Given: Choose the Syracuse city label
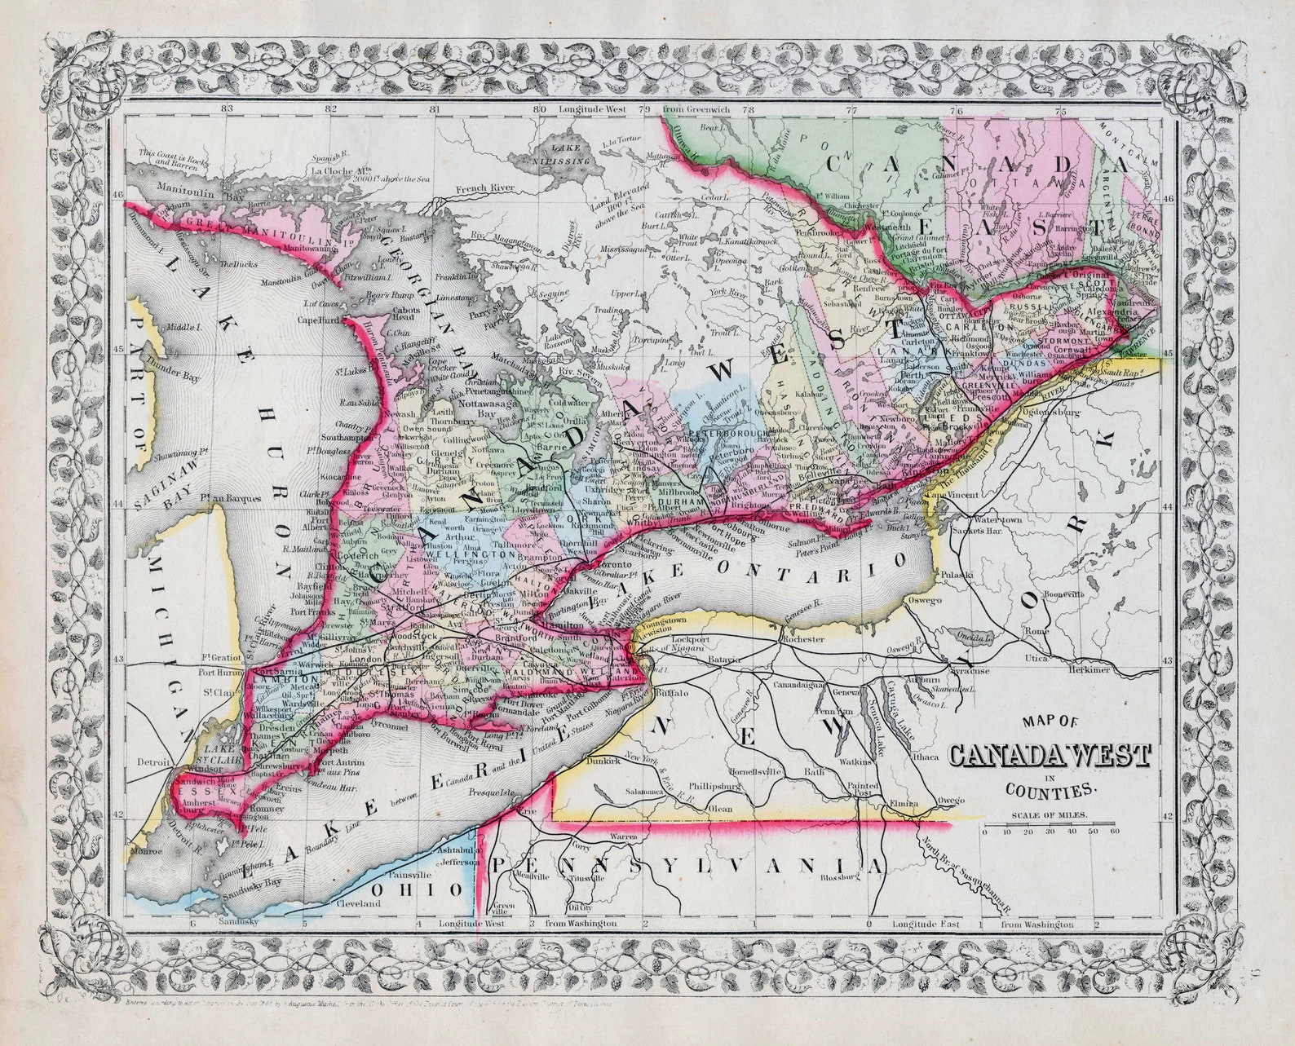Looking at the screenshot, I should pos(970,670).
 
